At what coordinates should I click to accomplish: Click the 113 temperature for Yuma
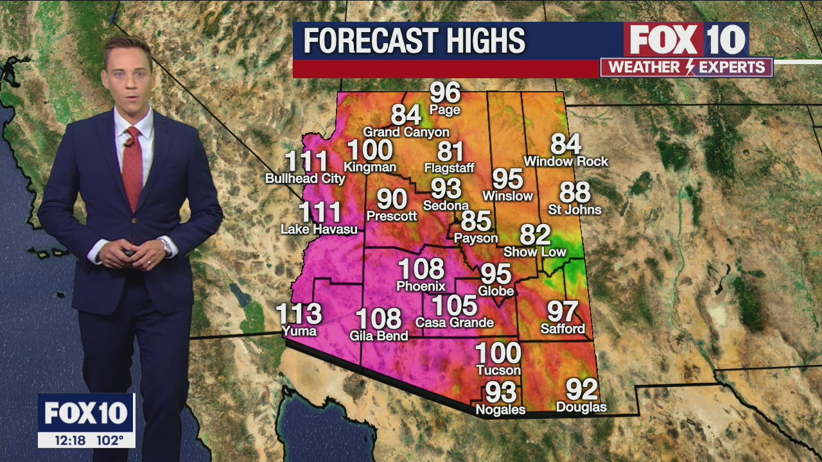(x=299, y=314)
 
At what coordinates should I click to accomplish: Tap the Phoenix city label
(x=421, y=286)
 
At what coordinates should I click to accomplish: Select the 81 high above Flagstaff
(x=450, y=151)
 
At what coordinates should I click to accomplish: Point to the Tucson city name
(x=498, y=370)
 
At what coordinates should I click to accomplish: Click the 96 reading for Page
(x=445, y=93)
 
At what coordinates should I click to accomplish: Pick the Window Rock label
(x=566, y=161)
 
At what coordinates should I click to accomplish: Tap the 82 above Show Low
(x=536, y=235)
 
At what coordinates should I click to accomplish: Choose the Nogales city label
(x=500, y=409)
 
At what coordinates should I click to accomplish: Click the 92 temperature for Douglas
(x=581, y=389)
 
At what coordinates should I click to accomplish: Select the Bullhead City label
(x=306, y=178)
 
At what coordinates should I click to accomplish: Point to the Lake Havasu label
(x=319, y=228)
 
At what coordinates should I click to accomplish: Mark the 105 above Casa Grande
(x=454, y=306)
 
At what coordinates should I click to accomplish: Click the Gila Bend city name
(x=379, y=336)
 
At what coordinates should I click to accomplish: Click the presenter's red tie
(x=132, y=167)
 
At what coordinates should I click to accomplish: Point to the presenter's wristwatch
(x=167, y=246)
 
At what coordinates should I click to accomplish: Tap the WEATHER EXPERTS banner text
(x=686, y=67)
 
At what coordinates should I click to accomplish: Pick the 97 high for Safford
(x=563, y=312)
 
